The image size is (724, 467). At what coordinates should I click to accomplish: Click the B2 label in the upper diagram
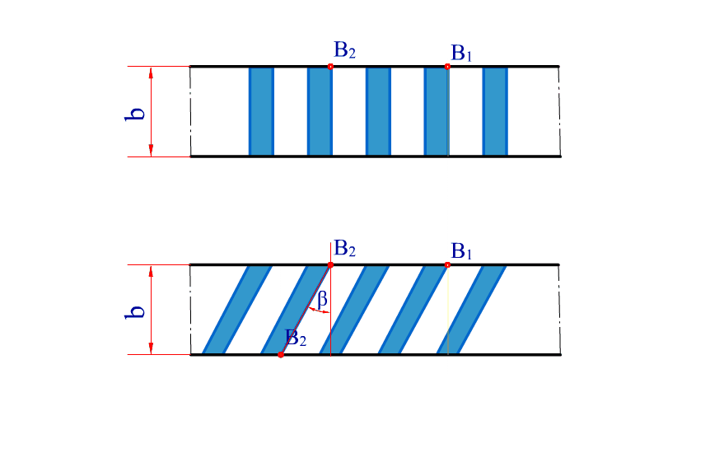pyautogui.click(x=344, y=52)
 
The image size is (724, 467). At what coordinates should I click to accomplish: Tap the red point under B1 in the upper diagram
pyautogui.click(x=447, y=66)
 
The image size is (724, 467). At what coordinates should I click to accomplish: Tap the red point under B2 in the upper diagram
pyautogui.click(x=330, y=66)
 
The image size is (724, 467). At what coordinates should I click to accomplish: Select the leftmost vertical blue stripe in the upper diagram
pyautogui.click(x=261, y=111)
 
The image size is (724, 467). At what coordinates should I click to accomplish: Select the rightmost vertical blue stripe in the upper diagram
pyautogui.click(x=495, y=111)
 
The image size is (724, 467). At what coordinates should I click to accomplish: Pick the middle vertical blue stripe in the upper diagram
pyautogui.click(x=378, y=111)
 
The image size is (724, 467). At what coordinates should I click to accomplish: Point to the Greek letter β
pyautogui.click(x=322, y=300)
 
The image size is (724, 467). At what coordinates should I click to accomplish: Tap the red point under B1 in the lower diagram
pyautogui.click(x=447, y=264)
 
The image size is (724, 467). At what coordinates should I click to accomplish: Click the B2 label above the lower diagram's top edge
pyautogui.click(x=344, y=249)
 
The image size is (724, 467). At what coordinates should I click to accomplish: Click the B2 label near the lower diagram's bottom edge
pyautogui.click(x=297, y=338)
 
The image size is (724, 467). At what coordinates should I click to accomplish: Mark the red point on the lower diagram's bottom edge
pyautogui.click(x=281, y=355)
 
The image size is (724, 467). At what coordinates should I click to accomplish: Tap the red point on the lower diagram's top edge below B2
pyautogui.click(x=330, y=264)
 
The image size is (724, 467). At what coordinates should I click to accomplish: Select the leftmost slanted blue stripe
pyautogui.click(x=236, y=310)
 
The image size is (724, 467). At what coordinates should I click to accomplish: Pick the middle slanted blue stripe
pyautogui.click(x=353, y=310)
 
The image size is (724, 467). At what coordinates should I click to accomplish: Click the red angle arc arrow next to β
pyautogui.click(x=317, y=311)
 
